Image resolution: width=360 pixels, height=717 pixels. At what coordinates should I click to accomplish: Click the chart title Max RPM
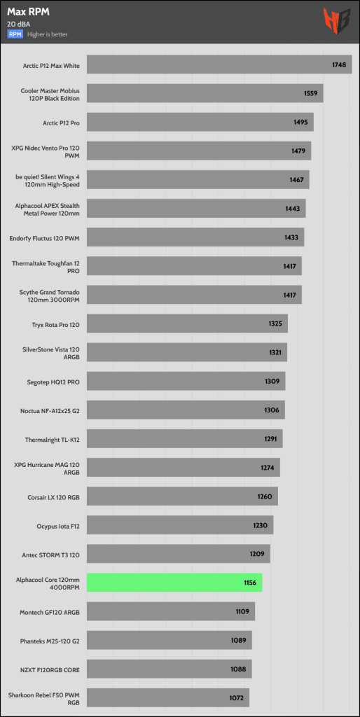point(28,13)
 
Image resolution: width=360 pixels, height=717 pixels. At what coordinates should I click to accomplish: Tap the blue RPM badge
point(15,34)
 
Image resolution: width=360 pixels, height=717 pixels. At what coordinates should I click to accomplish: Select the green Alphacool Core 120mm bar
point(174,583)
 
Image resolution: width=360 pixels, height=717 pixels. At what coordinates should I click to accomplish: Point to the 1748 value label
point(339,64)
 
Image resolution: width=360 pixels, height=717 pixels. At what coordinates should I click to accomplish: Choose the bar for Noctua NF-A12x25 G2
point(186,410)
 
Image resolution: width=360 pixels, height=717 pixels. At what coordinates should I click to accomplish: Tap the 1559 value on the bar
point(310,93)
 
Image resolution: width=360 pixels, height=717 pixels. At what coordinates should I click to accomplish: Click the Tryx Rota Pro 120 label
point(57,323)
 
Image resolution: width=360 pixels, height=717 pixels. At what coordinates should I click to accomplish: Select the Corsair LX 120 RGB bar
point(183,496)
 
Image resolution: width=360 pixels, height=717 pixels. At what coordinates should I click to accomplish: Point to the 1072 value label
point(237,698)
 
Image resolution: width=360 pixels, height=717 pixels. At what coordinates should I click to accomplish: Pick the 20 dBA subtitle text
point(16,25)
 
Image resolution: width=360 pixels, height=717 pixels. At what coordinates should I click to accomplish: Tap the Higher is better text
point(48,34)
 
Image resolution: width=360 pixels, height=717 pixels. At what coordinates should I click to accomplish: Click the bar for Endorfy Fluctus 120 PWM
point(195,237)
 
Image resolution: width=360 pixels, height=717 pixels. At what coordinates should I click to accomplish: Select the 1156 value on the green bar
point(250,583)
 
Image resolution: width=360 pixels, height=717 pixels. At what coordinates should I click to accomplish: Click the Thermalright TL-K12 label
point(53,439)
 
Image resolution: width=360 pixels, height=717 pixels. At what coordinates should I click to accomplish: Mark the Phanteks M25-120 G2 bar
point(169,640)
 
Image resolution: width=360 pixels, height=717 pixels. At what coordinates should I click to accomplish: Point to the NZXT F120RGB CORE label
point(50,669)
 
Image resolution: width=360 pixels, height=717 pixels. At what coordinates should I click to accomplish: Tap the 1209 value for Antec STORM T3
point(257,554)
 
